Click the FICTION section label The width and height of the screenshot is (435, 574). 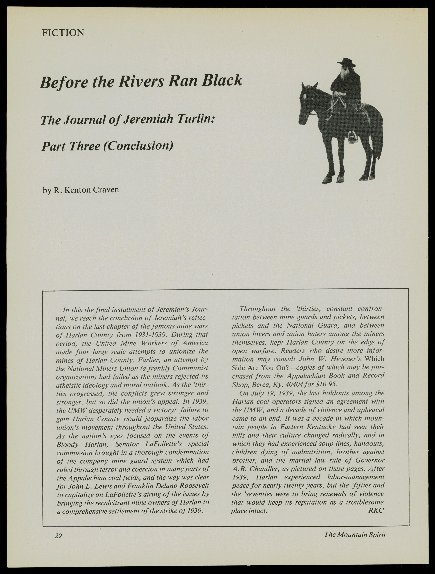63,33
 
